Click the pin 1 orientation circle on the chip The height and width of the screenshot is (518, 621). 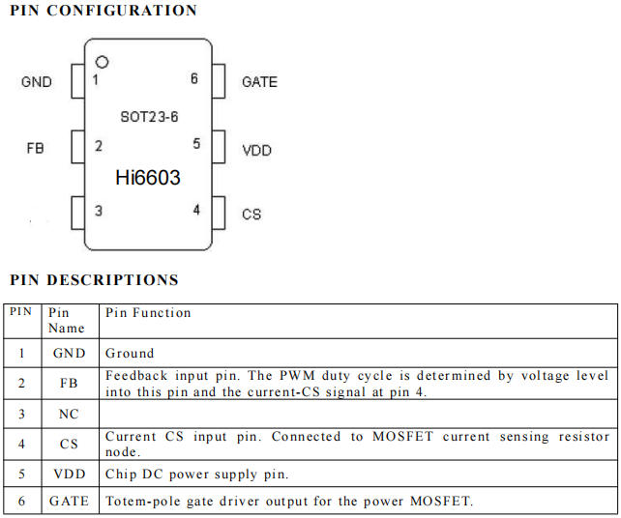click(102, 62)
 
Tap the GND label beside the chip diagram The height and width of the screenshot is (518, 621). click(37, 82)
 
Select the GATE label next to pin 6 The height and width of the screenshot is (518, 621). click(259, 82)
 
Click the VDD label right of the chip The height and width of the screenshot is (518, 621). click(256, 151)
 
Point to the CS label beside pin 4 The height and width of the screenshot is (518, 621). click(251, 215)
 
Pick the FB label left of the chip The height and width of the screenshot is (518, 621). click(35, 149)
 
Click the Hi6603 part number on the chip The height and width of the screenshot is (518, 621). click(148, 177)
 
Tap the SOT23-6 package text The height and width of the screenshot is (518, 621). click(149, 117)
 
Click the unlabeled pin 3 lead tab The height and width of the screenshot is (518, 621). click(78, 213)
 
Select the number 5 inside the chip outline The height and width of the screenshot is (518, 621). click(196, 143)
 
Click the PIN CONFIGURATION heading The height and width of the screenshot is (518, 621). click(103, 11)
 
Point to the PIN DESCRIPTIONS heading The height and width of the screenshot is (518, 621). click(94, 280)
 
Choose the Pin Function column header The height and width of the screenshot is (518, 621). click(148, 313)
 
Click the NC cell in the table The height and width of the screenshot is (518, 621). click(69, 414)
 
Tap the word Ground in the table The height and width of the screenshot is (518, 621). click(130, 353)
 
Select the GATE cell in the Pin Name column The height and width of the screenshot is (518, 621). click(69, 501)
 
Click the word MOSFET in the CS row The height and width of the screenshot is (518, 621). click(402, 436)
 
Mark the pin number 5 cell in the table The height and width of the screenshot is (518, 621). click(22, 474)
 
